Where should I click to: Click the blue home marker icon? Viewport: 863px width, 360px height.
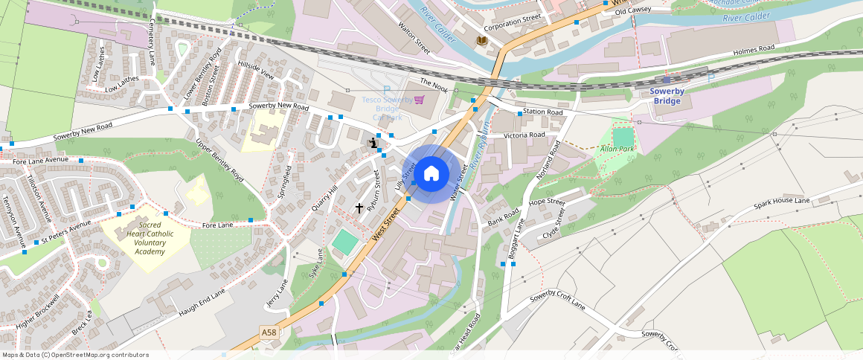click(431, 174)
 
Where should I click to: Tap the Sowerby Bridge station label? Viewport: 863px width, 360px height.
click(667, 96)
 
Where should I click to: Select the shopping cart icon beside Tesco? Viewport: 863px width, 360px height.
click(419, 100)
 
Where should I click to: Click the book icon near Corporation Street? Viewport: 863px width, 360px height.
click(482, 40)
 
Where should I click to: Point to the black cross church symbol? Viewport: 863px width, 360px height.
click(359, 208)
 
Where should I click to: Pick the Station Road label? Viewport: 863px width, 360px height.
click(543, 112)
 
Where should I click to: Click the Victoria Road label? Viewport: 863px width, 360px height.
click(524, 135)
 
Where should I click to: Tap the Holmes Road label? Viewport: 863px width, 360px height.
click(754, 50)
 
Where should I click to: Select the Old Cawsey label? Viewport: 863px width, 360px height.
click(632, 10)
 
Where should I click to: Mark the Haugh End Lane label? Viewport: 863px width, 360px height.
click(202, 303)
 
